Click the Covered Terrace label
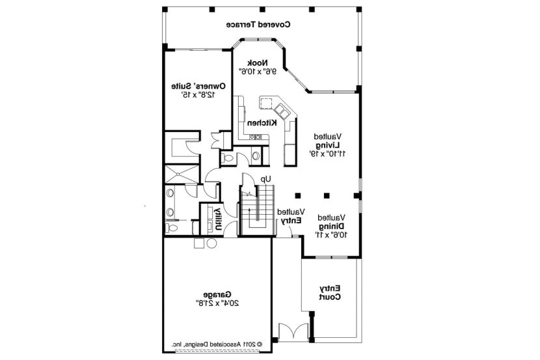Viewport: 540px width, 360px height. coord(258,24)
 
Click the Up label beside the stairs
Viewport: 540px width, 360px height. coord(265,178)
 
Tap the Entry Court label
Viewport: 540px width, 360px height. coord(329,292)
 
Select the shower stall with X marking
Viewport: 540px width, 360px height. coord(180,173)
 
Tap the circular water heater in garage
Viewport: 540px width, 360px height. coord(211,243)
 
